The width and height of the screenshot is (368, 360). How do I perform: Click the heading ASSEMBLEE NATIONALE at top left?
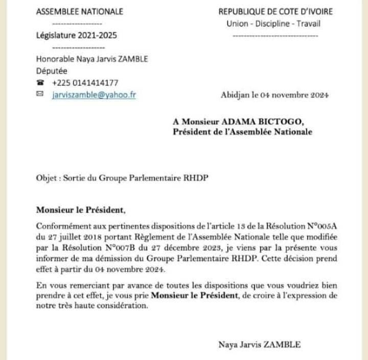click(79, 12)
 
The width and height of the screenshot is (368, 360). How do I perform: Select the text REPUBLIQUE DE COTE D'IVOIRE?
click(275, 12)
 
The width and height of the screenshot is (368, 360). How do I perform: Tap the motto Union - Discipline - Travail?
click(274, 24)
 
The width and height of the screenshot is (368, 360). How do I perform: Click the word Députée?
click(51, 71)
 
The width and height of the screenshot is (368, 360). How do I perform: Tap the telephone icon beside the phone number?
click(40, 83)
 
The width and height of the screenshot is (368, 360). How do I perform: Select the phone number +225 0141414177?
click(85, 83)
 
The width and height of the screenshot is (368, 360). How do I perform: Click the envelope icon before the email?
click(40, 94)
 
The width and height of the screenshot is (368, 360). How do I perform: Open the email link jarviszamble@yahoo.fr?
click(94, 94)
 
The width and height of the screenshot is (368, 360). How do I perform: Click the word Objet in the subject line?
click(46, 179)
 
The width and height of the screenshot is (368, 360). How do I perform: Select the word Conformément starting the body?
click(62, 226)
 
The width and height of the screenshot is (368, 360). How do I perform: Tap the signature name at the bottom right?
click(260, 345)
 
